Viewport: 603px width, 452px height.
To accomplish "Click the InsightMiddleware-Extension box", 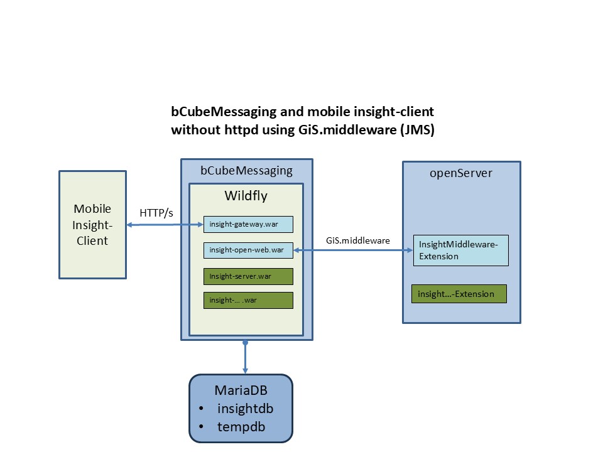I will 460,250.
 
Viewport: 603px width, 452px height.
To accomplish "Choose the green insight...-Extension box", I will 459,294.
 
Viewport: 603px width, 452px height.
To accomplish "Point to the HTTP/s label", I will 157,213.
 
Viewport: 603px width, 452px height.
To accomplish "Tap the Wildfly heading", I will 246,196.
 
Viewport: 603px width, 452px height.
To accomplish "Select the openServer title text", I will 461,173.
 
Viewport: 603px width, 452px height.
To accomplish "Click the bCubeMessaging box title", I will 246,170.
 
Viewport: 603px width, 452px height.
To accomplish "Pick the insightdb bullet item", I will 245,409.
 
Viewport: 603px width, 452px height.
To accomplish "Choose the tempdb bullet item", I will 241,427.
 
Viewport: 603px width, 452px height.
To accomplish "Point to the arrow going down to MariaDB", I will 245,358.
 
